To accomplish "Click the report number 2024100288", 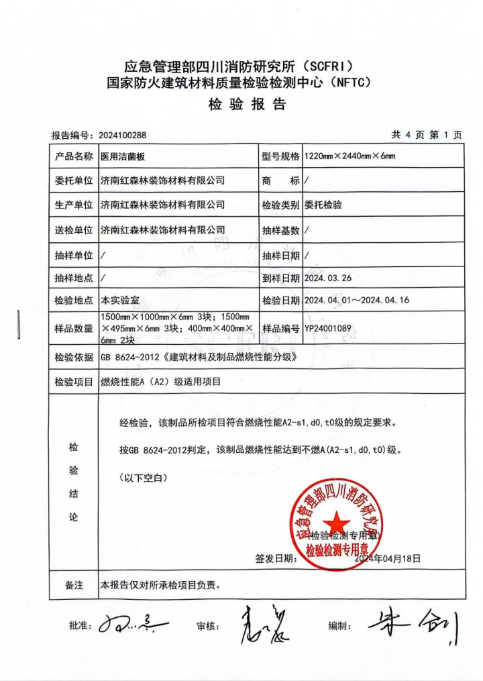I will coord(122,136).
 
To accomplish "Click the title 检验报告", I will coord(248,105).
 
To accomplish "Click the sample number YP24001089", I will coord(328,329).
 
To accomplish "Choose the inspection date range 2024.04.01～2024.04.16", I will coord(356,300).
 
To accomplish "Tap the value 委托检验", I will coord(323,205).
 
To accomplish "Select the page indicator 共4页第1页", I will coord(427,135).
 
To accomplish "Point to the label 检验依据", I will coord(74,358).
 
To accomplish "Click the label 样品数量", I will coord(74,329).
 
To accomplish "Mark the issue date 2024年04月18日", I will coord(387,558).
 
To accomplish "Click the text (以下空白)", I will coord(142,478).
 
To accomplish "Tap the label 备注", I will coord(74,585).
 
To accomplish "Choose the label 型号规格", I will coord(280,156).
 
